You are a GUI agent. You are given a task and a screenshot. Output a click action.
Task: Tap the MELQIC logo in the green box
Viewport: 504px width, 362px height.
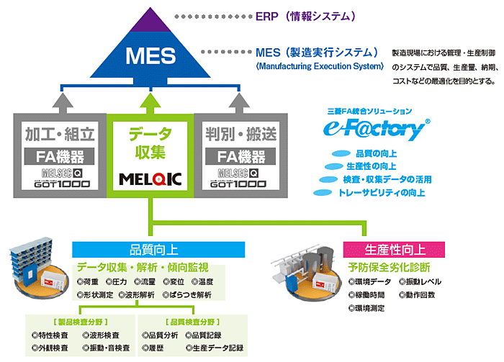(151, 178)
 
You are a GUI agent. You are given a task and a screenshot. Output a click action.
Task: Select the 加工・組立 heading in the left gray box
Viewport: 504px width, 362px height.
(59, 133)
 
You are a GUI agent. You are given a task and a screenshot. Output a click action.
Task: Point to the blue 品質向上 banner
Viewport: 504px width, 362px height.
(159, 250)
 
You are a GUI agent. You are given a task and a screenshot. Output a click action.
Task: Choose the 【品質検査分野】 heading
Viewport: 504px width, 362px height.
(193, 321)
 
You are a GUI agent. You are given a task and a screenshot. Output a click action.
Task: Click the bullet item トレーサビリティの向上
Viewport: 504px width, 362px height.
(381, 193)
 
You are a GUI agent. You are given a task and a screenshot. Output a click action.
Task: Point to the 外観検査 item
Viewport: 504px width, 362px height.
(50, 348)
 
